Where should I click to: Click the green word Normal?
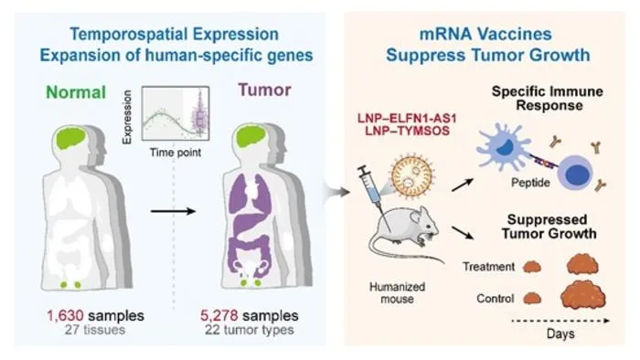(x=76, y=92)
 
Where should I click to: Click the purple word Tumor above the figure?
(x=264, y=90)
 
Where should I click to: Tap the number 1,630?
(x=65, y=315)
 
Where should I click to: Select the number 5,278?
(x=219, y=315)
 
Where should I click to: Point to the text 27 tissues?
(x=95, y=330)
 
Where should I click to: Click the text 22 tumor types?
(x=249, y=330)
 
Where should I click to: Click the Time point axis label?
(x=176, y=153)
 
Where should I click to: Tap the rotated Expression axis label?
(x=127, y=117)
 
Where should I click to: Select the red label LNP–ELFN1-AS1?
(x=407, y=118)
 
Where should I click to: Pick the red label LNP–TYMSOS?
(x=407, y=131)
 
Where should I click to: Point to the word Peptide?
(x=530, y=183)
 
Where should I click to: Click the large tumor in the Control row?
(x=583, y=295)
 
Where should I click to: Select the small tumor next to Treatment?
(x=532, y=267)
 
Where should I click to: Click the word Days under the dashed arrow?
(x=560, y=334)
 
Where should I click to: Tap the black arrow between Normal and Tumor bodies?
(x=173, y=211)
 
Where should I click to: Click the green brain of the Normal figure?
(x=71, y=137)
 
